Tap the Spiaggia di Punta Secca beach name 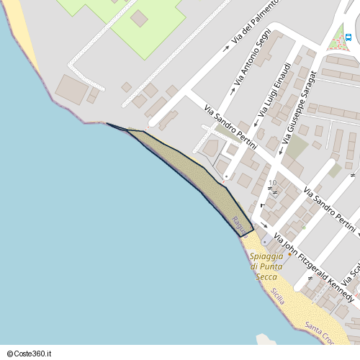266,267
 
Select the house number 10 273,183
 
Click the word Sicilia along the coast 278,296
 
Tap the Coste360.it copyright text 30,354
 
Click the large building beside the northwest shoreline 71,89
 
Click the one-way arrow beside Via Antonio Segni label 235,90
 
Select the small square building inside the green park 138,18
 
